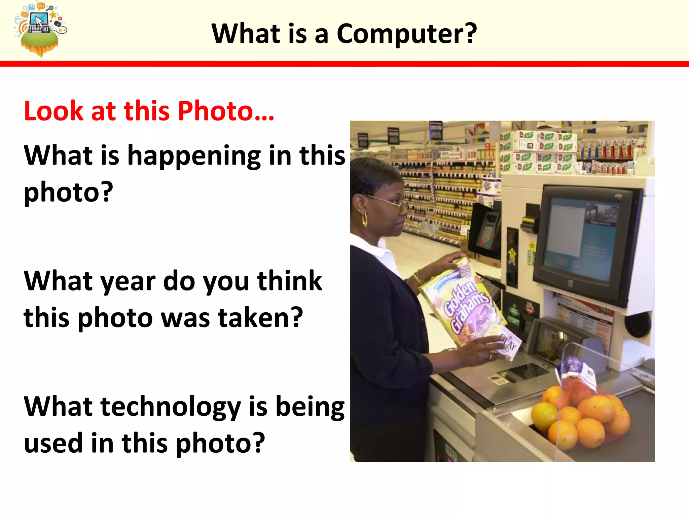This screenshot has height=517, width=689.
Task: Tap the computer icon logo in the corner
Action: click(40, 29)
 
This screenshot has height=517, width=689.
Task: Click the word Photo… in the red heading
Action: click(226, 111)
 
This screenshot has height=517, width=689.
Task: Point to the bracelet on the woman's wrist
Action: click(419, 278)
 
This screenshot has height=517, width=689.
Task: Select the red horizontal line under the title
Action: click(344, 64)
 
